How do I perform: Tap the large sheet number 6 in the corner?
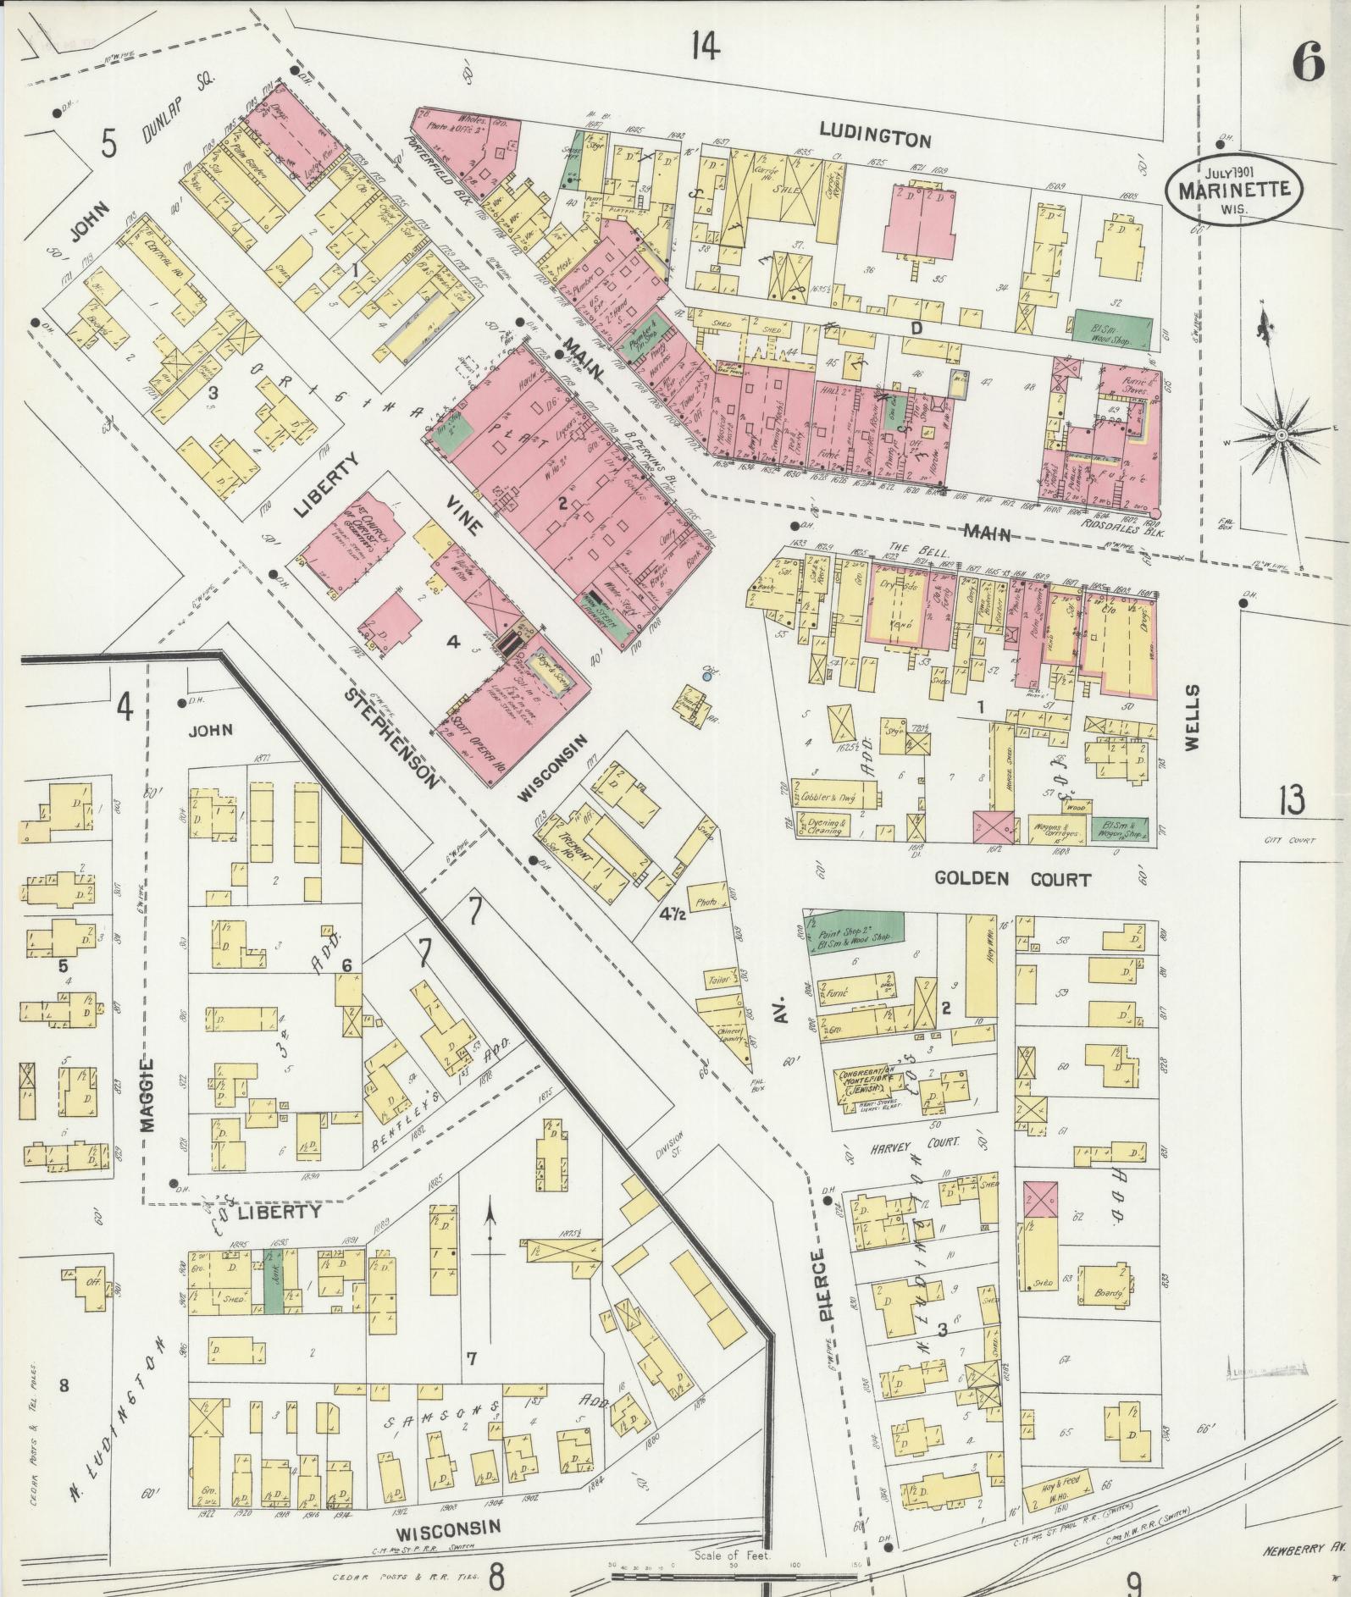point(1308,64)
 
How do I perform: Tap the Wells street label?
point(1193,716)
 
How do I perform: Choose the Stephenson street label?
point(393,738)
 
